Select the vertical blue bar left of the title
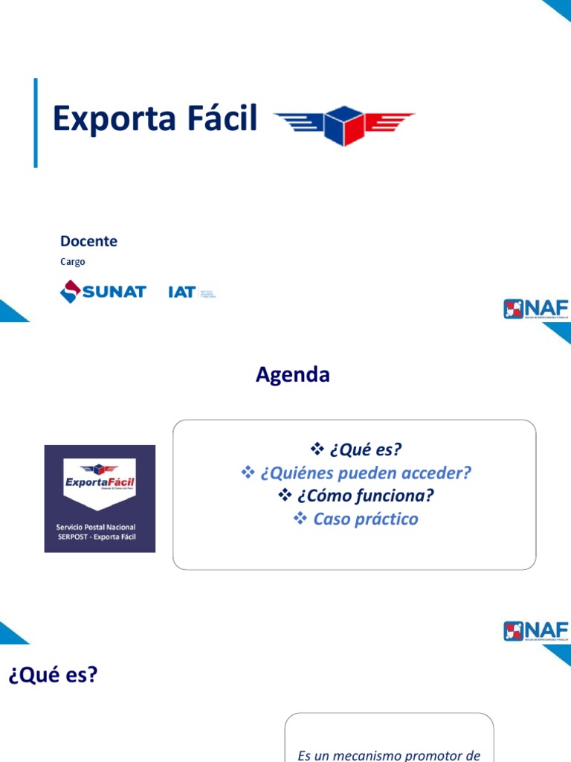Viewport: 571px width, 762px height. [36, 123]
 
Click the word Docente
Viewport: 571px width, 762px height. [88, 241]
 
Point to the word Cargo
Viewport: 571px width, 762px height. [73, 262]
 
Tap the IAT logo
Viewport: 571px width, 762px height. [192, 292]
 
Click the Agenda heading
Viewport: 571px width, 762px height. [292, 375]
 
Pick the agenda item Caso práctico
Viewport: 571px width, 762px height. [366, 519]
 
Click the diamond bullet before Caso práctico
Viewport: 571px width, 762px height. [300, 519]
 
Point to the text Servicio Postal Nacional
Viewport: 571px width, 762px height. [96, 527]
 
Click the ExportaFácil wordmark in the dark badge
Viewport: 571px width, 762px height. [100, 484]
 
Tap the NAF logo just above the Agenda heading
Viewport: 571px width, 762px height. [535, 308]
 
